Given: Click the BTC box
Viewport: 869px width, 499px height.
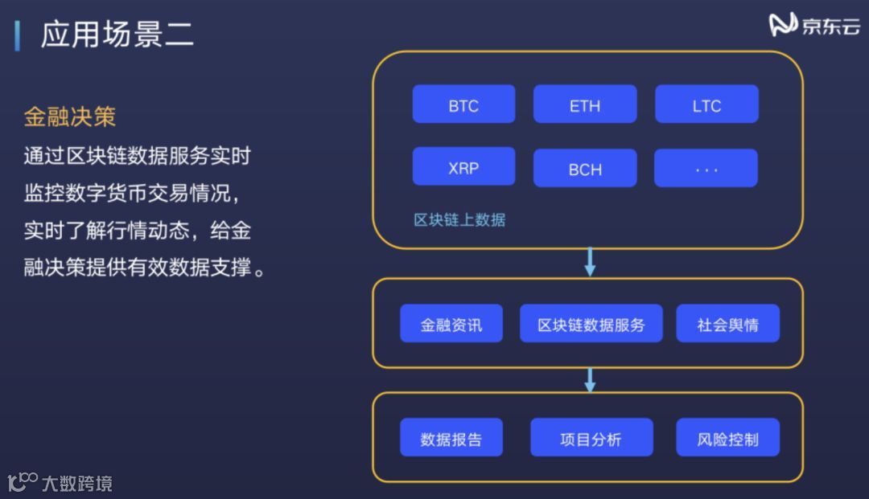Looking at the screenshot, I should click(x=463, y=104).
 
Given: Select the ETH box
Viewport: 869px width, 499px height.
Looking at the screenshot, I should click(x=585, y=104).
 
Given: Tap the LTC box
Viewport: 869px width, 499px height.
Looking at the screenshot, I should click(x=706, y=104).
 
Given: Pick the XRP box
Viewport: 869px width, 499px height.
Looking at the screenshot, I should click(x=463, y=167).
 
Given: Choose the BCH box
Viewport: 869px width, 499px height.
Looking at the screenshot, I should click(x=585, y=169).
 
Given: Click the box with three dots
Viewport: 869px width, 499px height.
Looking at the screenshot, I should click(x=706, y=169).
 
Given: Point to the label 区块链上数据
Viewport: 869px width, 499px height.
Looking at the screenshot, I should click(x=459, y=220).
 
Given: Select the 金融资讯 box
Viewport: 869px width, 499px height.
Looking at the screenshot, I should click(x=451, y=324).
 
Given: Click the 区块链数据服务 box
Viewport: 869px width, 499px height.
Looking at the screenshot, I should click(x=591, y=324).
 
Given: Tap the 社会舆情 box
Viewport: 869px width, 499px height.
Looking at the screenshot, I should click(x=727, y=324).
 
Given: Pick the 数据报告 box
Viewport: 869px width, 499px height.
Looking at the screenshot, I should click(x=451, y=438).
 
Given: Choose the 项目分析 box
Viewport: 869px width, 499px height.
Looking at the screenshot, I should click(x=591, y=438).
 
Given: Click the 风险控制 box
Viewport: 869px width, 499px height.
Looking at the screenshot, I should click(x=727, y=438).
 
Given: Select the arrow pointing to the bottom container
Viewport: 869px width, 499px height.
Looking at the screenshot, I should click(x=590, y=380).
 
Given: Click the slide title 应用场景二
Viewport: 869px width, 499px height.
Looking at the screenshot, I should click(x=117, y=35).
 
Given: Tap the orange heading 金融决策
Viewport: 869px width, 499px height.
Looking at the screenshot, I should click(x=70, y=117).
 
